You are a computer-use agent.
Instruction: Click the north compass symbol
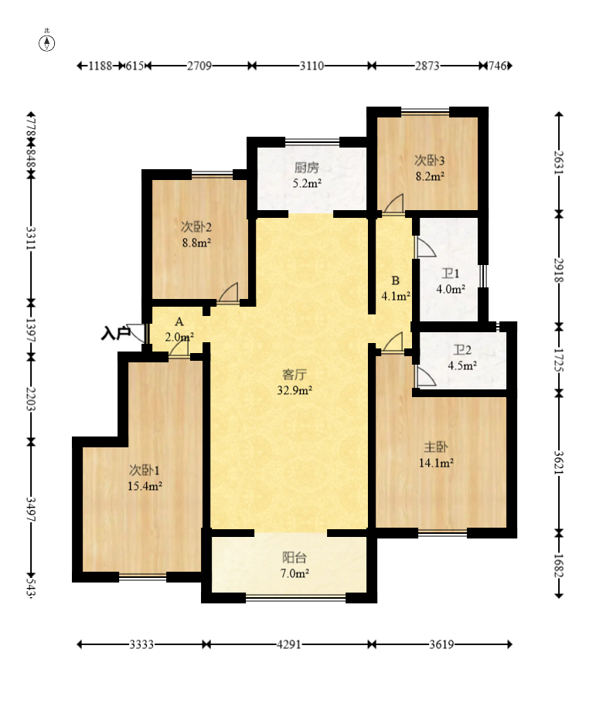pos(46,43)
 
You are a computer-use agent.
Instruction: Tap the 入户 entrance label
pos(115,334)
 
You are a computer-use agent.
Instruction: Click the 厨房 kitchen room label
pos(307,168)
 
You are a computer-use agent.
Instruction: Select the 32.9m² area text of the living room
pos(294,390)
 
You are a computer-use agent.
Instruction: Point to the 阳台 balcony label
pos(294,557)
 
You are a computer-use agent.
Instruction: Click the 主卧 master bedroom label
pos(436,447)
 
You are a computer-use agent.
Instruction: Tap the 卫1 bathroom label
pos(451,273)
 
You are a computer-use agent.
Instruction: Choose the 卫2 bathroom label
pos(462,349)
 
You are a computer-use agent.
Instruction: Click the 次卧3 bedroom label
pos(430,160)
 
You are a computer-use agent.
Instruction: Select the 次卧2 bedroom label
pos(196,226)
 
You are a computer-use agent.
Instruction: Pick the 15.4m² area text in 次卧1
pos(145,486)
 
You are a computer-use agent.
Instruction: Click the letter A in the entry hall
pos(179,322)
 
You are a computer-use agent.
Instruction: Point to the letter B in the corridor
pos(395,280)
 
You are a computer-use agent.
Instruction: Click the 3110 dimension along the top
pos(312,66)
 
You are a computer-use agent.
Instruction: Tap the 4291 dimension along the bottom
pos(289,644)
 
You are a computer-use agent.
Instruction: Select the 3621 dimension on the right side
pos(559,463)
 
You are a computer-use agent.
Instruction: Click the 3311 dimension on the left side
pos(31,238)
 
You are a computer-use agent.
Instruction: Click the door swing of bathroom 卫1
pos(426,247)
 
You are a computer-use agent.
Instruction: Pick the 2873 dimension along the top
pos(427,66)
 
